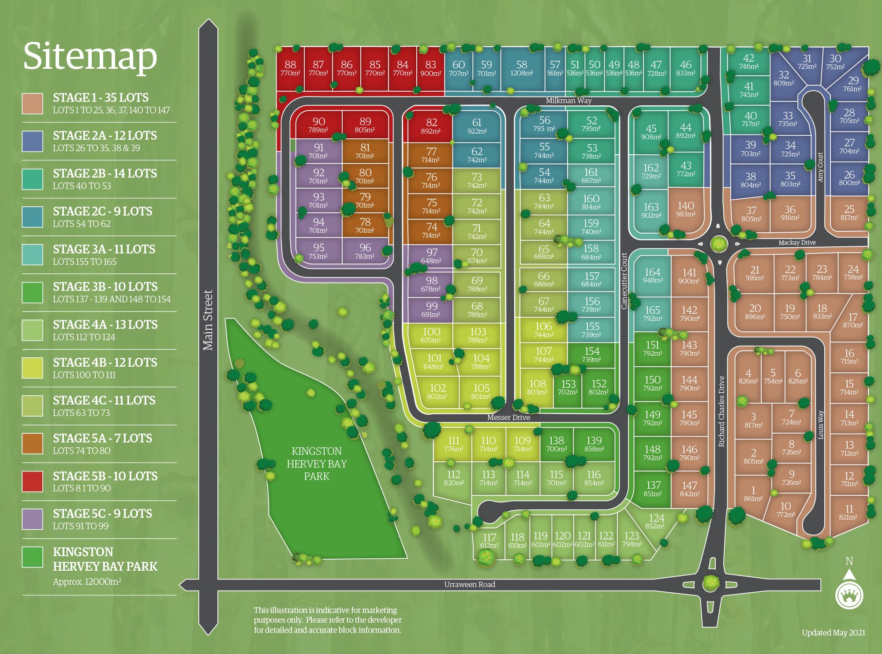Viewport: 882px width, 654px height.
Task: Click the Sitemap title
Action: (x=90, y=56)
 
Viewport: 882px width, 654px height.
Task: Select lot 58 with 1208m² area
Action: (x=521, y=69)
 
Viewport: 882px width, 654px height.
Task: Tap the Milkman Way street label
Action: (x=568, y=100)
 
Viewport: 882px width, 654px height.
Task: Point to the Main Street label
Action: (x=208, y=320)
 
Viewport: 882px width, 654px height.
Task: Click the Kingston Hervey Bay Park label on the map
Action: (x=317, y=464)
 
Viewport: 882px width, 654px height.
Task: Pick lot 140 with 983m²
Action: (x=685, y=209)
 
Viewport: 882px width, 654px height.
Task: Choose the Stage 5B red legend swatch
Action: (x=33, y=481)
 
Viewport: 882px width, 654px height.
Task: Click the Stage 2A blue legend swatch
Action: (x=33, y=141)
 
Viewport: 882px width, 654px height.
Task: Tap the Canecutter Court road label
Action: (x=624, y=281)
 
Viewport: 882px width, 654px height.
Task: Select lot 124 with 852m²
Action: (x=656, y=522)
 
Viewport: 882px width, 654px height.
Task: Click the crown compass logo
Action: (x=848, y=596)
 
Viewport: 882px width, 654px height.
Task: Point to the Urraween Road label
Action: (x=469, y=584)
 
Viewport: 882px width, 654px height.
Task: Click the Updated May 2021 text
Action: (x=833, y=633)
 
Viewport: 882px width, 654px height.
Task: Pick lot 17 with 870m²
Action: (x=852, y=320)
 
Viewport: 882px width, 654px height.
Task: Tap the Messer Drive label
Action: (x=508, y=417)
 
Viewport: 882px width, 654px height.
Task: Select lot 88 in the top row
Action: (x=290, y=69)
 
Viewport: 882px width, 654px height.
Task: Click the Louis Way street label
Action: (x=821, y=425)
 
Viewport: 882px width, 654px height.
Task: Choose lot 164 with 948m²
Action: (x=652, y=275)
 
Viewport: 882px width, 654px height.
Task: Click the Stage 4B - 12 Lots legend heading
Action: (x=105, y=362)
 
